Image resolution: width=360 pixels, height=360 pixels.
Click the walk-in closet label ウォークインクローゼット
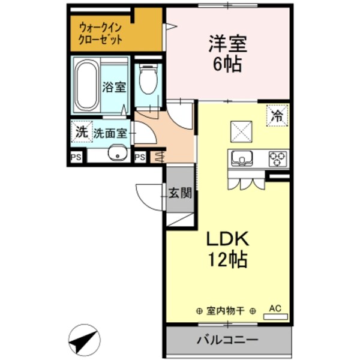point(101,34)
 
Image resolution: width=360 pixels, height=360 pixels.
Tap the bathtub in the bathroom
point(86,85)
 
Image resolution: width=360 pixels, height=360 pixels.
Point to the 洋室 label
point(227,44)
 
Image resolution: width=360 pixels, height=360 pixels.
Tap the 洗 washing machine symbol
point(80,131)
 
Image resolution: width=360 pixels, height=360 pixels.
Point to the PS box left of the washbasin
point(76,157)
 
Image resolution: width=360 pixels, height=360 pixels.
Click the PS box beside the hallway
point(139,157)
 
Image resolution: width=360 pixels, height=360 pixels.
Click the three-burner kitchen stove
point(277,158)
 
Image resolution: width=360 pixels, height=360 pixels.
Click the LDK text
point(228,239)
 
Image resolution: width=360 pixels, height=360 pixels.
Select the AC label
point(275,308)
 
